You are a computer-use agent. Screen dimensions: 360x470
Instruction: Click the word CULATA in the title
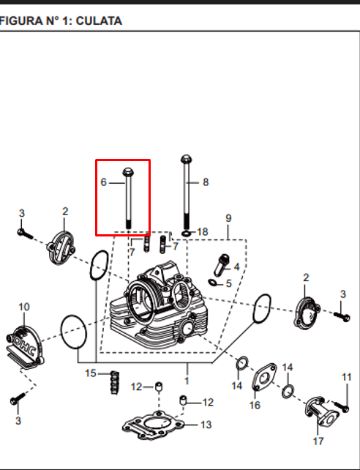(x=99, y=21)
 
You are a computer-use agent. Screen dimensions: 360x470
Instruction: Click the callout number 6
(x=103, y=182)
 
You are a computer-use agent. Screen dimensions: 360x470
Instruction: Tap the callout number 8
(x=206, y=182)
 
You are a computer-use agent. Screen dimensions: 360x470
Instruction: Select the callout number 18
(x=203, y=231)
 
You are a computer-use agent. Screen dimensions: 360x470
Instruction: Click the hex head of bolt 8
(x=187, y=159)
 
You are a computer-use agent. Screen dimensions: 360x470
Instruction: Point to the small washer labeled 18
(x=186, y=234)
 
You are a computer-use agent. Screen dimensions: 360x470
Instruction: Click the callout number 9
(x=228, y=218)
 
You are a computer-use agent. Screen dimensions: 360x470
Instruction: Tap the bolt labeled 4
(x=221, y=265)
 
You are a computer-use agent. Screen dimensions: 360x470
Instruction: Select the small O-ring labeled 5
(x=211, y=282)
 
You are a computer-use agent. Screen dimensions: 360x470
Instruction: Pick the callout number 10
(x=24, y=307)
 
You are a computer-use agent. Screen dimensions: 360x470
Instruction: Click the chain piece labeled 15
(x=115, y=383)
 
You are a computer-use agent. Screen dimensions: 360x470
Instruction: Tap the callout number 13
(x=206, y=425)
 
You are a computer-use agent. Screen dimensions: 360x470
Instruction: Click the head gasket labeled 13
(x=153, y=425)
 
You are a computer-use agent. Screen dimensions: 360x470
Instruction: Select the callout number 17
(x=318, y=441)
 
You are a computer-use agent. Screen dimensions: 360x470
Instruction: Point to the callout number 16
(x=255, y=405)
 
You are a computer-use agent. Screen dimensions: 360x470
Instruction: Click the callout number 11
(x=347, y=377)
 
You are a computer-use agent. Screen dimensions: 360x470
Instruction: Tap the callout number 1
(x=187, y=381)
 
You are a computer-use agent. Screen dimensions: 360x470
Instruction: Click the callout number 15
(x=91, y=373)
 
